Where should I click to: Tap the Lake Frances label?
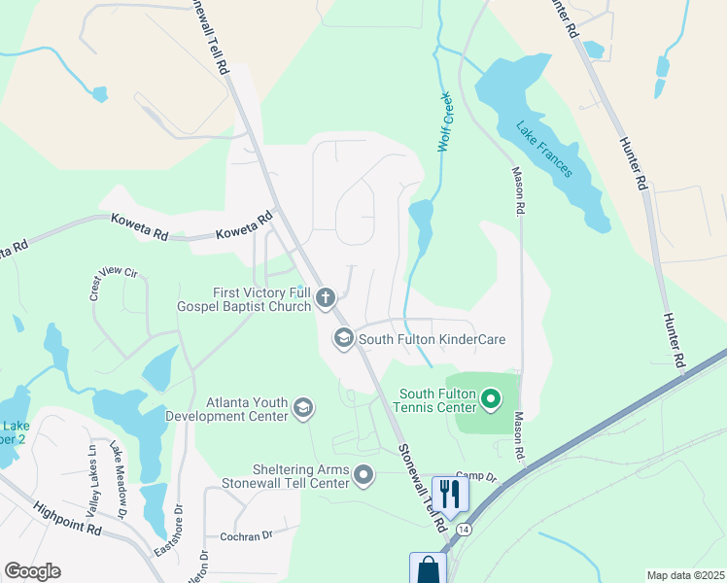[543, 149]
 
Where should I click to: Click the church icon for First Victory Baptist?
[326, 297]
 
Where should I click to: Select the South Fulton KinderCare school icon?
[343, 339]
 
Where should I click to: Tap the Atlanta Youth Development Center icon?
[304, 408]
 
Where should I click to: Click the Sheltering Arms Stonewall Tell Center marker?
[364, 475]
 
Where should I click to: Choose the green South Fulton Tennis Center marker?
[491, 397]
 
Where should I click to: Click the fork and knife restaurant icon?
[449, 495]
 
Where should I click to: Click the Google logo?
[32, 571]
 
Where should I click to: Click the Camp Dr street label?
[475, 476]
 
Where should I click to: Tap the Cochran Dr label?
[246, 536]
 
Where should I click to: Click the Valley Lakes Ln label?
[93, 465]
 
